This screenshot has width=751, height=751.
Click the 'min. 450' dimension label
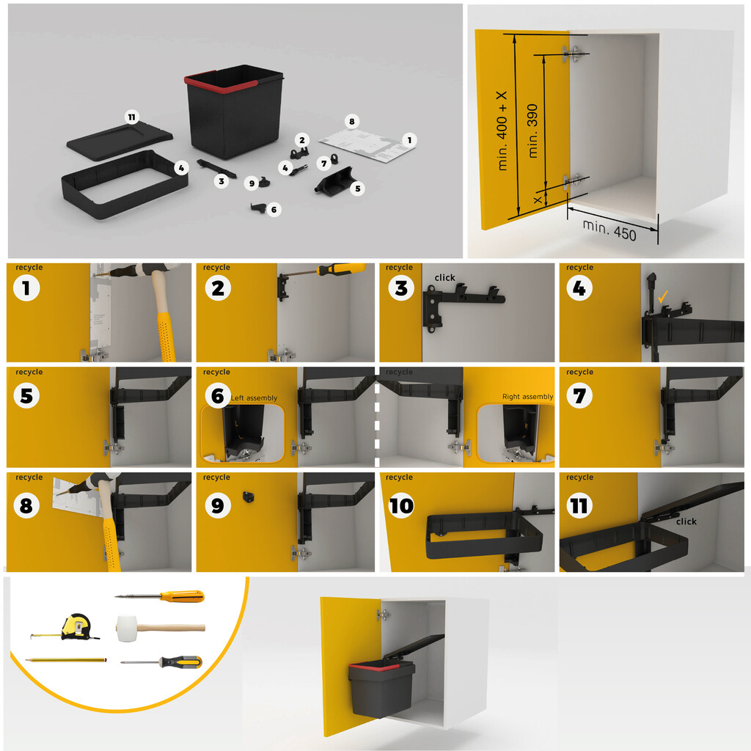[x=610, y=229]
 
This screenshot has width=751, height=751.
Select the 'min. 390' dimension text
[x=533, y=130]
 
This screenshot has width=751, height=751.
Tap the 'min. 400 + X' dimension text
[x=502, y=131]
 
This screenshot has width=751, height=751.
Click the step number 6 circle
[x=217, y=397]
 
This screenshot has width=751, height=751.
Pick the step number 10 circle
[x=401, y=505]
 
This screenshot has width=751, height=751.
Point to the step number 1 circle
[x=27, y=288]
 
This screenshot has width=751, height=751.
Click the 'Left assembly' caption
[x=254, y=398]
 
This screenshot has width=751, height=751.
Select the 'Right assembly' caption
[x=527, y=397]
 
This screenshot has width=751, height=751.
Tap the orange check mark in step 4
[x=663, y=297]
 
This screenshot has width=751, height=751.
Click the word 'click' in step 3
[x=444, y=278]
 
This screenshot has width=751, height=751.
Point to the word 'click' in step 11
[x=686, y=521]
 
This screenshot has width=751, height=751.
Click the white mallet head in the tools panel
[x=127, y=628]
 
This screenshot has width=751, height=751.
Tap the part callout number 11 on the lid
[x=131, y=117]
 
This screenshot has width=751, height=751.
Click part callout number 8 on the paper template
[x=351, y=120]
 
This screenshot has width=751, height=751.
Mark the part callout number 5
[x=357, y=188]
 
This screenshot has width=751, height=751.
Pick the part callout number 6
[x=274, y=210]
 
